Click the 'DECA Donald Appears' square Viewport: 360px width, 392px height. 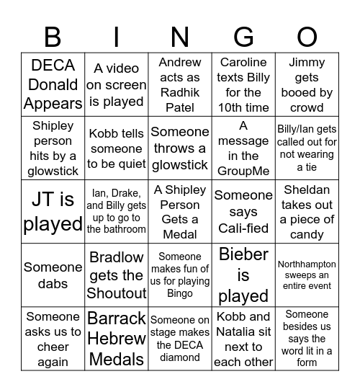53,85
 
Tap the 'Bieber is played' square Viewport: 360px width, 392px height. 243,275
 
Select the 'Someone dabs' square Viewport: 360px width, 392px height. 53,275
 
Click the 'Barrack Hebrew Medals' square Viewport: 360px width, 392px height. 117,338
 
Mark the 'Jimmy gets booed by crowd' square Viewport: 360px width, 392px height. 307,85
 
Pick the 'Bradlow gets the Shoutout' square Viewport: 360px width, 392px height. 117,275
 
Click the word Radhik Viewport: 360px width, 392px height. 180,93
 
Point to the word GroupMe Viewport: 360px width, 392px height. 243,171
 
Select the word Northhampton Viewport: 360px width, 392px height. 307,264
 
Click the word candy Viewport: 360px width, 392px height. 307,234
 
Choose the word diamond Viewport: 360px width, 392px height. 180,357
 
